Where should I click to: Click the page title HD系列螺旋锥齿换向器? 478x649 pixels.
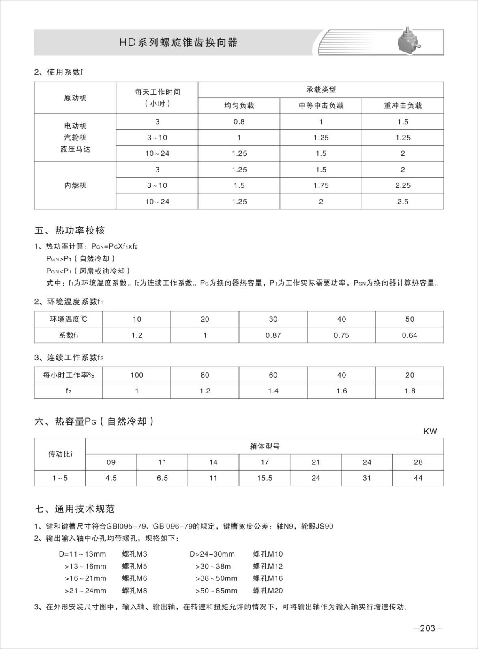pos(178,42)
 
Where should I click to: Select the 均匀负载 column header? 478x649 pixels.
pos(239,105)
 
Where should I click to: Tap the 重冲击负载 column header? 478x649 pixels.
pos(403,105)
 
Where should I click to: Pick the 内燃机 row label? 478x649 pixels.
pos(75,185)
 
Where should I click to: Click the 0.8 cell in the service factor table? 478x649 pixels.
pos(239,122)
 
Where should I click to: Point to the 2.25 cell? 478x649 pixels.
pos(403,185)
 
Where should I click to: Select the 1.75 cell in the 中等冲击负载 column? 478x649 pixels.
pos(321,185)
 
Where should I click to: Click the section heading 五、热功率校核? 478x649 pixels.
pos(70,230)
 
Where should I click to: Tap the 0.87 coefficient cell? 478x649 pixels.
pos(273,335)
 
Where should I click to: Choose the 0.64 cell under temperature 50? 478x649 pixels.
pos(409,335)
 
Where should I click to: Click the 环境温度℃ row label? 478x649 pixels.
pos(69,319)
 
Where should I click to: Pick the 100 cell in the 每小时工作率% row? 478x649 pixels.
pos(137,375)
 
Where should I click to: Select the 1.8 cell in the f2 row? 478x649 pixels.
pos(409,391)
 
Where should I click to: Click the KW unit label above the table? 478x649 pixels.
pos(430,432)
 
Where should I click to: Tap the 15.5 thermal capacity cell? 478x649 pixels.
pos(265,478)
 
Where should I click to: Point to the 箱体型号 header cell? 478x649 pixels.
pos(264,447)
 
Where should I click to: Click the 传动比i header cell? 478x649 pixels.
pos(60,454)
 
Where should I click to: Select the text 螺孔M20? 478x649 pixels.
pos(268,591)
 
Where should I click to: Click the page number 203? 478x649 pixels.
pos(428,628)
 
